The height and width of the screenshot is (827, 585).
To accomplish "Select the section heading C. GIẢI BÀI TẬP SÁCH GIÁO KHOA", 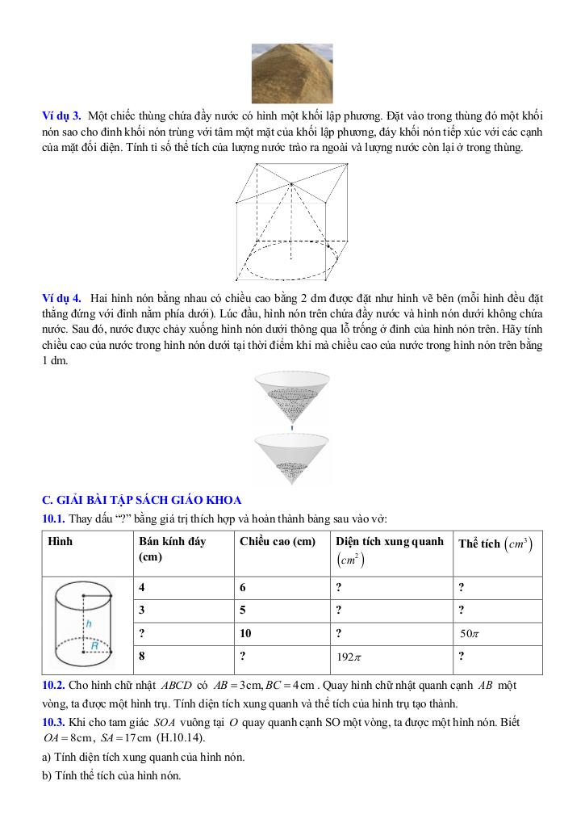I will tap(141, 501).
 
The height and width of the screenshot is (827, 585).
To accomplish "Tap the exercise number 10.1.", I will tap(54, 518).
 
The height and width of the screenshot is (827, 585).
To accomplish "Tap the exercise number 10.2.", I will tap(54, 685).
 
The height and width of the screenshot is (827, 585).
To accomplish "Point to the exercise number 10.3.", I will tap(54, 722).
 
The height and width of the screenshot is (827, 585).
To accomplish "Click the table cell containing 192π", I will tap(349, 657).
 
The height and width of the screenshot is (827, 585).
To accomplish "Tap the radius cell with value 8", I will tap(143, 656).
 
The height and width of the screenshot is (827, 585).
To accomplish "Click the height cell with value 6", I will tap(243, 587).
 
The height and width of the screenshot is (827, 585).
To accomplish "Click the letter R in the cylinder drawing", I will tap(94, 645).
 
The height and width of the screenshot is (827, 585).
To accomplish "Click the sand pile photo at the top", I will tap(292, 73).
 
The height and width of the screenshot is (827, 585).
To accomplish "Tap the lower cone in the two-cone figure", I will tap(292, 456).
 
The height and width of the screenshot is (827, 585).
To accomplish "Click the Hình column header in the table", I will tap(61, 541).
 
